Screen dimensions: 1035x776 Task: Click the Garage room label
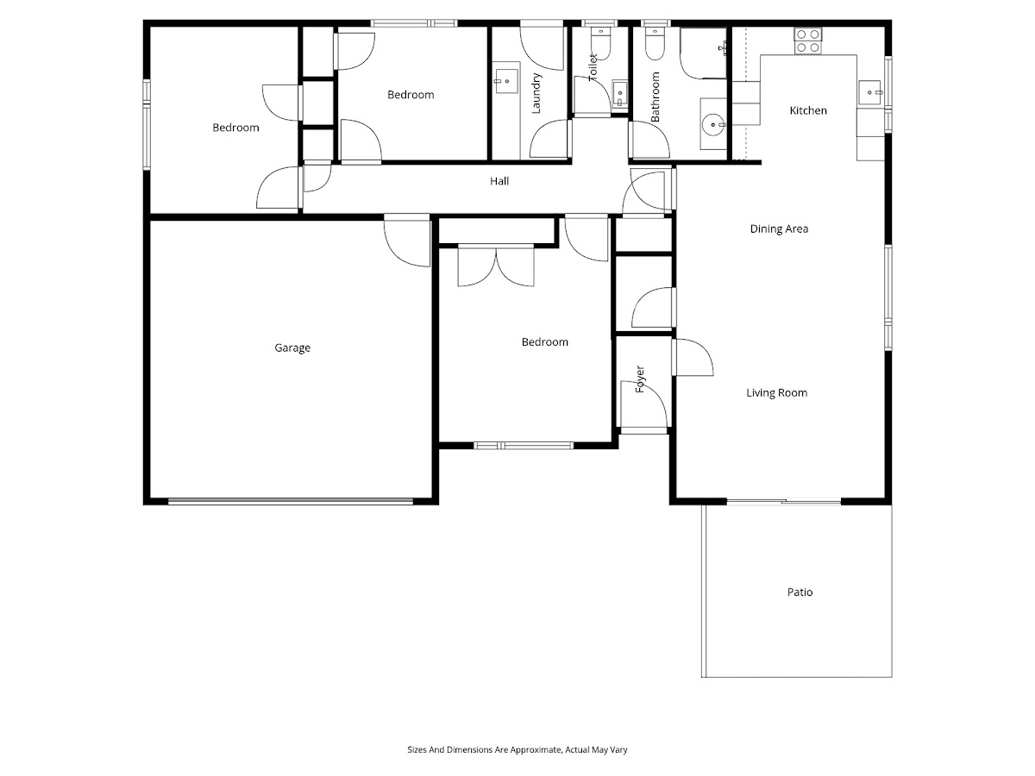click(292, 348)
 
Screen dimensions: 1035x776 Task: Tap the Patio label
click(800, 591)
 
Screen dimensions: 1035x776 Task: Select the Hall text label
click(499, 181)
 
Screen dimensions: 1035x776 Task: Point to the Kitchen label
click(807, 110)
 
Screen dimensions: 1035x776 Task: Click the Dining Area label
click(779, 229)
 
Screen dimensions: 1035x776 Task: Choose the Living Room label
click(776, 392)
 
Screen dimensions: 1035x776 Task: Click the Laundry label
click(536, 93)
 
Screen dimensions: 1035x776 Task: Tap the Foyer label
click(640, 379)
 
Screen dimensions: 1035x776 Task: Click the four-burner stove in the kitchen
click(807, 41)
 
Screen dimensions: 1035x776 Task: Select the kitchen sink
click(869, 92)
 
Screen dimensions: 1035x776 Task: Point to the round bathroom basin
click(713, 125)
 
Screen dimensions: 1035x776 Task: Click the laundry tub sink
click(506, 81)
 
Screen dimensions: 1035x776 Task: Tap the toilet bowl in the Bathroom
click(655, 44)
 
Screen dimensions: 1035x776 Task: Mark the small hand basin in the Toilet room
click(619, 94)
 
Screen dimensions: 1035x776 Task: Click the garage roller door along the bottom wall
click(291, 502)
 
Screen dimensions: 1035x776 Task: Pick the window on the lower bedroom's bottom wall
click(524, 445)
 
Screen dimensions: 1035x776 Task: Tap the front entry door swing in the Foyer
click(644, 406)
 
